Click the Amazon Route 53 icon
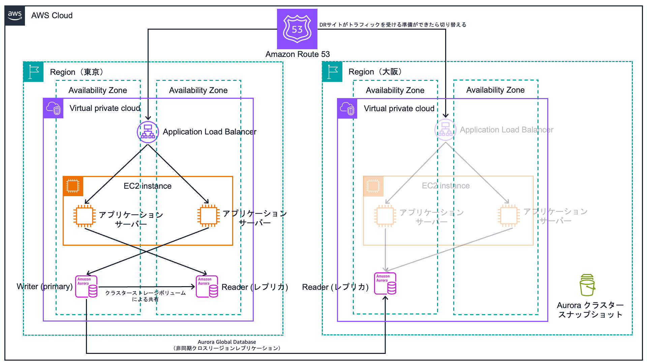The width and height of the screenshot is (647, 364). [297, 29]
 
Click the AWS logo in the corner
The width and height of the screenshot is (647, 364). [15, 16]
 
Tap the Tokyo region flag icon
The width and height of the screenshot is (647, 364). [33, 72]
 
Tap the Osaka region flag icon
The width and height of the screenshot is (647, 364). [332, 72]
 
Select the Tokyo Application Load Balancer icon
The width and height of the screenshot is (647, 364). [148, 132]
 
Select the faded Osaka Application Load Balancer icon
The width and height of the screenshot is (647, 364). [445, 130]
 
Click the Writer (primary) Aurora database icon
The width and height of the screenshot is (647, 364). [86, 286]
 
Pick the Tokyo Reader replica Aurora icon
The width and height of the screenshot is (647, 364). [207, 286]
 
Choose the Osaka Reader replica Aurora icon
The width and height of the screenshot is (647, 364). [385, 283]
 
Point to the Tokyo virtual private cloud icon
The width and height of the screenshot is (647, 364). [53, 108]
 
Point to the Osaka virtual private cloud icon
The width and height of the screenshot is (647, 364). [347, 109]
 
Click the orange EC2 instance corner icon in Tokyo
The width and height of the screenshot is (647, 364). [73, 186]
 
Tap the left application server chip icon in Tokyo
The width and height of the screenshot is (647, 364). [85, 216]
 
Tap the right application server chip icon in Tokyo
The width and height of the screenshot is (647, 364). [209, 216]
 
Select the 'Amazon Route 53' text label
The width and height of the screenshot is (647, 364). [297, 54]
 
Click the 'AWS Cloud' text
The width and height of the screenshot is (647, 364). [52, 16]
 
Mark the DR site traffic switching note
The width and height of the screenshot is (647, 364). [393, 25]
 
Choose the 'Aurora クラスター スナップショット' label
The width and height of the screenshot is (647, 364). [590, 310]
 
